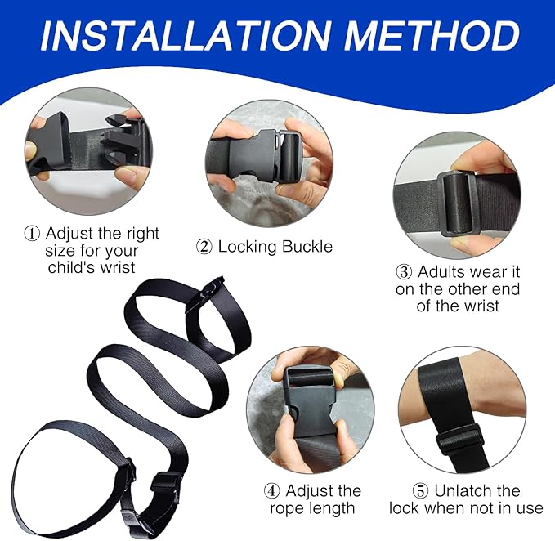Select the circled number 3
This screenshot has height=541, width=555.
(403, 271)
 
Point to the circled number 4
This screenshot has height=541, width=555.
(272, 491)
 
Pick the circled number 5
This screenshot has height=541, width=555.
(420, 491)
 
